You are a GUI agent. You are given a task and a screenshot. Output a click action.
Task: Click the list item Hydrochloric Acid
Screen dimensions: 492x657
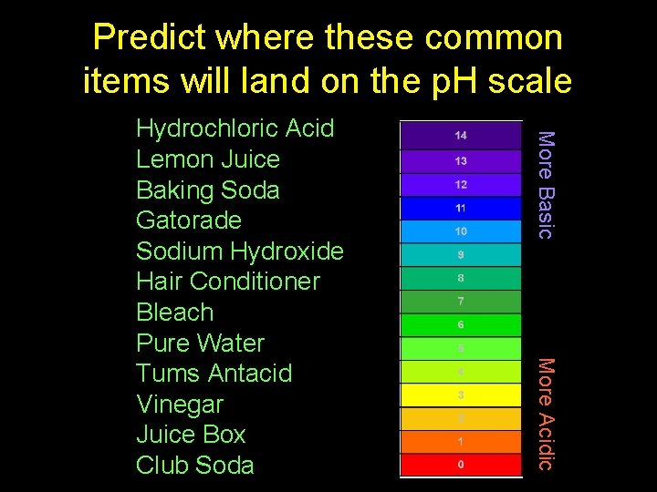click(235, 128)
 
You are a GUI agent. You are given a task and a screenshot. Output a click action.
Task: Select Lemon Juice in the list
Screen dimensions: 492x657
click(207, 159)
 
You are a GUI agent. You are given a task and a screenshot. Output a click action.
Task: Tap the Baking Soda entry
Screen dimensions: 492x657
click(207, 190)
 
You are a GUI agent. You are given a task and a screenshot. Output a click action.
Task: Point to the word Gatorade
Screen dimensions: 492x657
click(188, 220)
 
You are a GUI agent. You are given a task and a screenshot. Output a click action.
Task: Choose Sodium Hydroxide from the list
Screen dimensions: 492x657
click(239, 251)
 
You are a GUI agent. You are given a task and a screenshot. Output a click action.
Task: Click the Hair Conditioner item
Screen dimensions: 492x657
click(227, 282)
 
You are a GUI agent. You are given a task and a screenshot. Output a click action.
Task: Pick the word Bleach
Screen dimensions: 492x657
click(174, 313)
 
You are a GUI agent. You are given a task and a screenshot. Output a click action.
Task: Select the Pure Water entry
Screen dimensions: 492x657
click(200, 343)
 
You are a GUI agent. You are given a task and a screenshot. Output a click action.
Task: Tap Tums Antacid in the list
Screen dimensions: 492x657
click(214, 374)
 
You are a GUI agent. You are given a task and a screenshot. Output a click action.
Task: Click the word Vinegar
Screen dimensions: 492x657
click(179, 405)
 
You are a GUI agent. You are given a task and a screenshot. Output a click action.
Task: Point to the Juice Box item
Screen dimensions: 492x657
click(191, 435)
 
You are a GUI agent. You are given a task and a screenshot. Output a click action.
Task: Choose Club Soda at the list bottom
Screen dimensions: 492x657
click(194, 466)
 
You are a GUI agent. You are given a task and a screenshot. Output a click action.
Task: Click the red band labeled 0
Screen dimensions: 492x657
click(461, 465)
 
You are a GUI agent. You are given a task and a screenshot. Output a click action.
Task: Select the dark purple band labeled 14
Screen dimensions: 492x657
click(461, 135)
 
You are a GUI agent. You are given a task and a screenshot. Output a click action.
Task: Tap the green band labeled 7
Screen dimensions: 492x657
click(461, 301)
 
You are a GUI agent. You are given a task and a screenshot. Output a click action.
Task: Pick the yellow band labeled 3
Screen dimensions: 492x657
click(461, 395)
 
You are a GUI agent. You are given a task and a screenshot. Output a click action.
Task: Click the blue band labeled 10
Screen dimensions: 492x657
click(461, 231)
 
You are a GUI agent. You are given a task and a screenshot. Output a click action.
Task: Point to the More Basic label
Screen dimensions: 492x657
click(545, 185)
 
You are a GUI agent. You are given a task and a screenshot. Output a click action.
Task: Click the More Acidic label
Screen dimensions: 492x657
click(545, 414)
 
